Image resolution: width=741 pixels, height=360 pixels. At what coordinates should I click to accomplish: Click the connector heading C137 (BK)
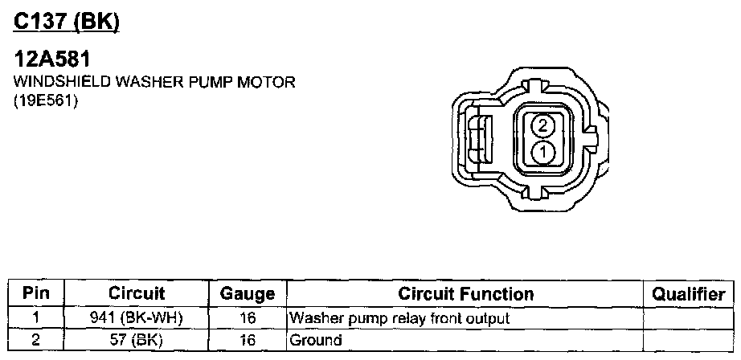pyautogui.click(x=66, y=24)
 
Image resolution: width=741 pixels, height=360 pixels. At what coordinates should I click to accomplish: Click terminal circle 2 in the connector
pyautogui.click(x=543, y=125)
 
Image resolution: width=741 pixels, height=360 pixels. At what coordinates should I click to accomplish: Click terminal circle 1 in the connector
pyautogui.click(x=543, y=151)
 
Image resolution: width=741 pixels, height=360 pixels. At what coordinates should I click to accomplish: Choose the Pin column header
pyautogui.click(x=36, y=294)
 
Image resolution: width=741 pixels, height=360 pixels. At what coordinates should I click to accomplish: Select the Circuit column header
pyautogui.click(x=137, y=294)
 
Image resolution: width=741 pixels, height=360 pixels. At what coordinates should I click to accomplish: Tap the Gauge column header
pyautogui.click(x=247, y=294)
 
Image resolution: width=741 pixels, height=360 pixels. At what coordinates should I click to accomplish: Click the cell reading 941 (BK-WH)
pyautogui.click(x=137, y=318)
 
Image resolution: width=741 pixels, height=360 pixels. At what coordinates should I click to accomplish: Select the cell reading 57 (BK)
pyautogui.click(x=137, y=340)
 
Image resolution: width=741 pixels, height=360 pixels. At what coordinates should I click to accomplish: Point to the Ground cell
pyautogui.click(x=316, y=340)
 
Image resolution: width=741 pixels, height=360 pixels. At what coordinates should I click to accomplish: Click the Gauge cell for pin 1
pyautogui.click(x=247, y=318)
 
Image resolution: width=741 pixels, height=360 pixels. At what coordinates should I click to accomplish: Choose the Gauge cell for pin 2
pyautogui.click(x=247, y=340)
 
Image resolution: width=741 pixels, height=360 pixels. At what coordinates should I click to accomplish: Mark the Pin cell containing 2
pyautogui.click(x=36, y=340)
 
